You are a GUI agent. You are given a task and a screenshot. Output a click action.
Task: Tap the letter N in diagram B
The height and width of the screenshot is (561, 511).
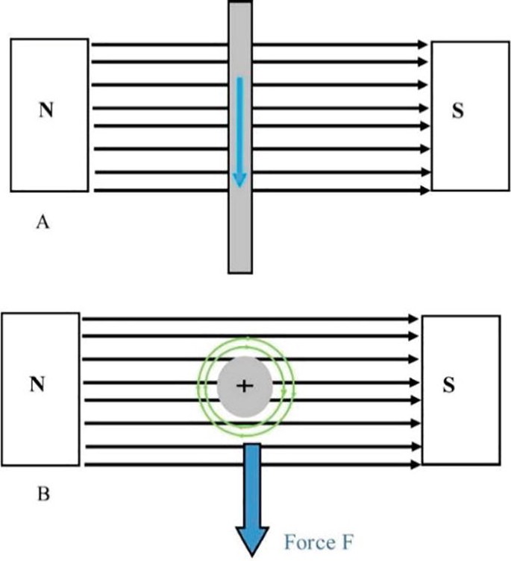click(x=37, y=384)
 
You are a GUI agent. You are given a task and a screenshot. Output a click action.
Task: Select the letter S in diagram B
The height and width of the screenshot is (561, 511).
click(x=448, y=385)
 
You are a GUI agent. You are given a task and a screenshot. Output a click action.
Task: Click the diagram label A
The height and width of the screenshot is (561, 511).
click(x=43, y=222)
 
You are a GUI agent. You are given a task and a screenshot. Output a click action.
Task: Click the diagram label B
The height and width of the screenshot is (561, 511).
click(x=43, y=493)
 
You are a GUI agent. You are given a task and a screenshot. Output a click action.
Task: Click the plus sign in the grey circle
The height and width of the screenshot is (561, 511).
click(x=245, y=385)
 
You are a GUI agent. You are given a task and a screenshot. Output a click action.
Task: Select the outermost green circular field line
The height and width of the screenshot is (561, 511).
click(x=198, y=385)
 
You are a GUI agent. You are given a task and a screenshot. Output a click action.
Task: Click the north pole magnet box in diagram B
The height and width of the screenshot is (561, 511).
click(x=40, y=350)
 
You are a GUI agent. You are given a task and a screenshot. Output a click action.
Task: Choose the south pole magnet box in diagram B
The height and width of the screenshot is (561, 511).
click(x=461, y=350)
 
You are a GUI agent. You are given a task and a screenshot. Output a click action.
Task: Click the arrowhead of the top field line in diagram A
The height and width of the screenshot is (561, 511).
click(x=422, y=45)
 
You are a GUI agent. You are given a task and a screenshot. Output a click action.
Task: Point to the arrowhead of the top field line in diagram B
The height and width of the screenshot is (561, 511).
click(x=413, y=319)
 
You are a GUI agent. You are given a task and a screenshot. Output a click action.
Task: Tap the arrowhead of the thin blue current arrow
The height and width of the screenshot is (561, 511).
click(x=239, y=180)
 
